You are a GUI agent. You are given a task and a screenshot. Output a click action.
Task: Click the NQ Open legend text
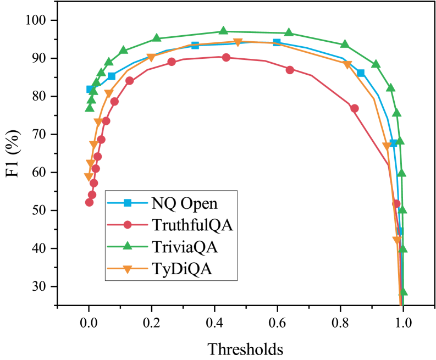[x=184, y=203]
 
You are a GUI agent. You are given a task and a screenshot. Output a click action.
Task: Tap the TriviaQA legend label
[x=184, y=247]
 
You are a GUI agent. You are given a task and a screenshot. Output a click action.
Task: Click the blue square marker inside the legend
[x=128, y=203]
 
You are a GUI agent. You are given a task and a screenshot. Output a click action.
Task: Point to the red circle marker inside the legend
[x=128, y=225]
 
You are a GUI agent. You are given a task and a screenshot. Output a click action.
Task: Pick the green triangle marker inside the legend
[x=128, y=246]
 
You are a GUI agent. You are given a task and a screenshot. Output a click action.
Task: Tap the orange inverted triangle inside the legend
[x=128, y=269]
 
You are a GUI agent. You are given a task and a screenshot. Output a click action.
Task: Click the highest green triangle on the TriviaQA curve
[x=224, y=30]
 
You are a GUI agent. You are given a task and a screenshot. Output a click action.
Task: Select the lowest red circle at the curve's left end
[x=90, y=202]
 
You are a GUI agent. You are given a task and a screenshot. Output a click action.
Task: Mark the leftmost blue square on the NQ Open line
[x=91, y=89]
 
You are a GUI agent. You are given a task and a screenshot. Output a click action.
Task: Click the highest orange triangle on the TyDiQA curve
[x=238, y=43]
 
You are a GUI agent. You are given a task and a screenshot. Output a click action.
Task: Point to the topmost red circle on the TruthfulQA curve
[x=226, y=57]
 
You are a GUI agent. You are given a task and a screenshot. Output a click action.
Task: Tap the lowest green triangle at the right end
[x=402, y=291]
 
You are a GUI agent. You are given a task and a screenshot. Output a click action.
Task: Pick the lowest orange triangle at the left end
[x=89, y=176]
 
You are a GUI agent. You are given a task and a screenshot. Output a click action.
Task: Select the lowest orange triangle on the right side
[x=396, y=240]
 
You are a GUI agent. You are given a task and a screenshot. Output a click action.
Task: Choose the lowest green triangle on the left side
[x=90, y=107]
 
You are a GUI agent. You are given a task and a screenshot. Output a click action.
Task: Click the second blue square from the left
[x=112, y=76]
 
